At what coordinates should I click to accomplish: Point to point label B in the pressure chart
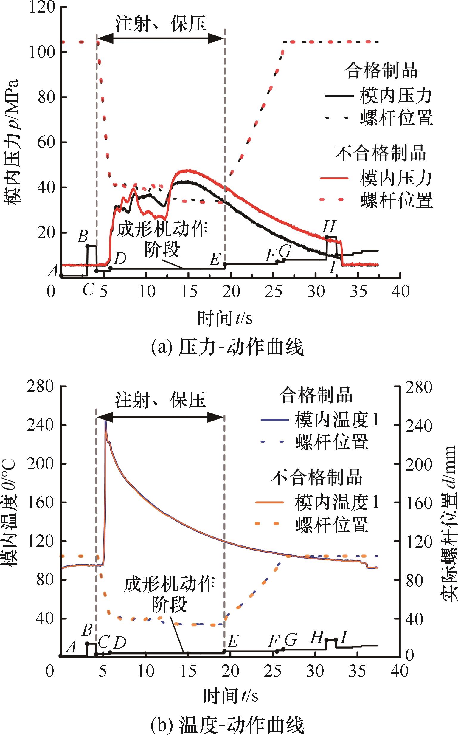(82, 236)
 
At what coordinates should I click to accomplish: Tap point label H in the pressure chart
(329, 226)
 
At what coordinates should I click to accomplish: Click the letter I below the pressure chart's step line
(333, 268)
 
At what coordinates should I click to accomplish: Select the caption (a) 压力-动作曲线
(227, 348)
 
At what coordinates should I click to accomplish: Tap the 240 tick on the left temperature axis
(41, 425)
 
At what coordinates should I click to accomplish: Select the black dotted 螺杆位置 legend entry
(379, 117)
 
